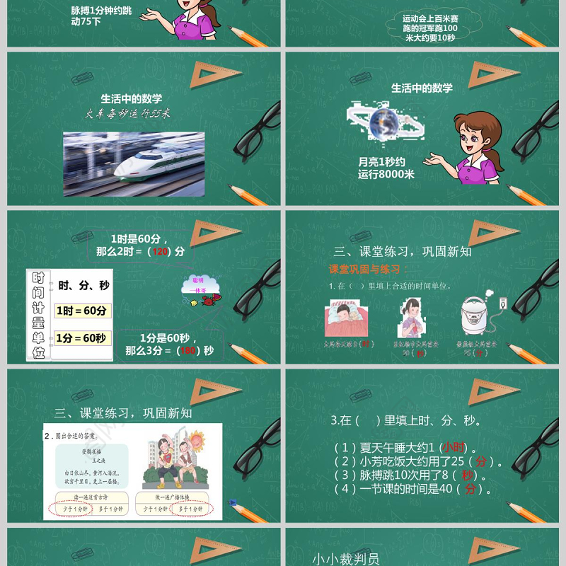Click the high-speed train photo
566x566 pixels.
[134, 163]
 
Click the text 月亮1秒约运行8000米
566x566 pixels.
[386, 168]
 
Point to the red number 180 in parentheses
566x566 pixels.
[186, 350]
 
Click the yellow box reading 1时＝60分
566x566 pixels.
[82, 311]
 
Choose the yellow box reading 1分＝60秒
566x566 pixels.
[81, 338]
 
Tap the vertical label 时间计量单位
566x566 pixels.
[38, 315]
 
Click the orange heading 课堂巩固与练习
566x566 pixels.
[364, 270]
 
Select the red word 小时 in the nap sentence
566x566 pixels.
[454, 447]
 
